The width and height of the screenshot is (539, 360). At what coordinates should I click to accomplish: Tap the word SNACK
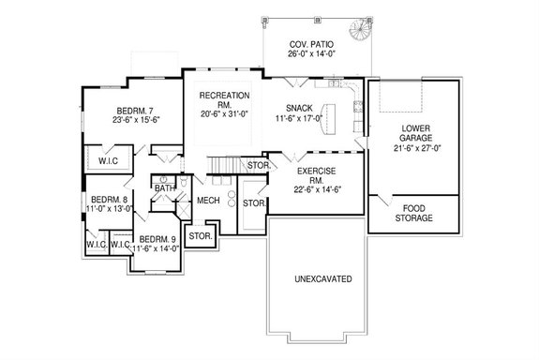tap(300, 109)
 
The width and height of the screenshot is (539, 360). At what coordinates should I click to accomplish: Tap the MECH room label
tap(207, 201)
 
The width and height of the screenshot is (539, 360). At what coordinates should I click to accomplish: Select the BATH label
tap(165, 189)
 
